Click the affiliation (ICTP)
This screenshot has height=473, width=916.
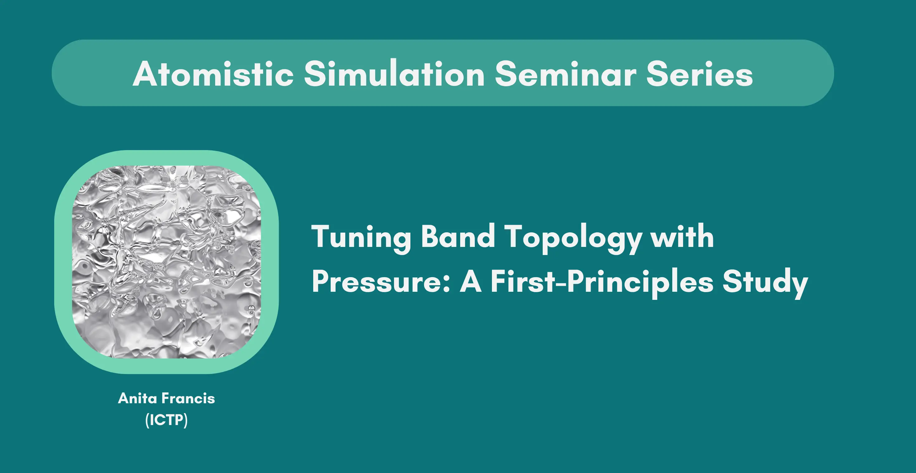tap(166, 420)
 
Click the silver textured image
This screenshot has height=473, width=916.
tap(166, 262)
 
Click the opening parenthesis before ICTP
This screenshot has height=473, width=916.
tap(147, 420)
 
